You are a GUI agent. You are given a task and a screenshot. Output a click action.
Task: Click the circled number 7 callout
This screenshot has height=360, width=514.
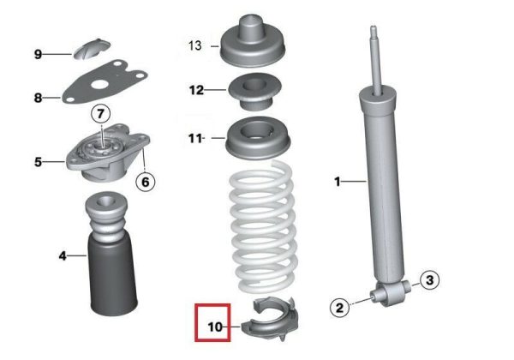tap(100, 114)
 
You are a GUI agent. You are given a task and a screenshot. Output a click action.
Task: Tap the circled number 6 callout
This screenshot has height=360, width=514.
tap(146, 182)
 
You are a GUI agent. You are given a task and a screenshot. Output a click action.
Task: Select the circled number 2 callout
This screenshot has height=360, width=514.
tap(340, 308)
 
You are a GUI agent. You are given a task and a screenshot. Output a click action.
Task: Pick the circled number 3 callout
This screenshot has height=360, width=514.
tap(429, 280)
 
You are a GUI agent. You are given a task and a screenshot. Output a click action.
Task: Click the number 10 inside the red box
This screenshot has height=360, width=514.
tap(215, 327)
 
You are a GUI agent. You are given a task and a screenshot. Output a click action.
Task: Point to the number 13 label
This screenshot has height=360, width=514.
tap(194, 45)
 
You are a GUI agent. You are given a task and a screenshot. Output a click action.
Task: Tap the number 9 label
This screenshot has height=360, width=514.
tap(38, 54)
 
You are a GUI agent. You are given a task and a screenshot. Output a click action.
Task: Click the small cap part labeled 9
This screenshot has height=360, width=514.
tap(91, 49)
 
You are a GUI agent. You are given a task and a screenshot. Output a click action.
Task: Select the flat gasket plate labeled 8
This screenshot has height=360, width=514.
tap(105, 81)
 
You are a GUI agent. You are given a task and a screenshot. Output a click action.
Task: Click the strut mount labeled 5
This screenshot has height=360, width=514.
tap(108, 153)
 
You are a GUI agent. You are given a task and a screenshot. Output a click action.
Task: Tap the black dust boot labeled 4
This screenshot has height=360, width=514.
tap(111, 255)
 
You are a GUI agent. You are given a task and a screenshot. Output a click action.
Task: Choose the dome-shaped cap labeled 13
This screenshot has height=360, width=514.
tap(253, 42)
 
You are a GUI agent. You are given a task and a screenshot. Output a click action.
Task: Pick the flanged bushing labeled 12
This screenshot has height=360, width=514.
tap(255, 92)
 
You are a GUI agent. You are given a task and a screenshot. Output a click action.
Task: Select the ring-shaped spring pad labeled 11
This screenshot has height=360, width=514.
tap(258, 138)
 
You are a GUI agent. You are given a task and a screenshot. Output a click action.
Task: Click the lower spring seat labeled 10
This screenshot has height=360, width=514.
tap(270, 319)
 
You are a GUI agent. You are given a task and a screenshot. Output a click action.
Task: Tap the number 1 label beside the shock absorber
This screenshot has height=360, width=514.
tap(338, 182)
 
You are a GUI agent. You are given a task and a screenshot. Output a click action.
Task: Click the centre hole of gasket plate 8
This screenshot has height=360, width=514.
tap(100, 85)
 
